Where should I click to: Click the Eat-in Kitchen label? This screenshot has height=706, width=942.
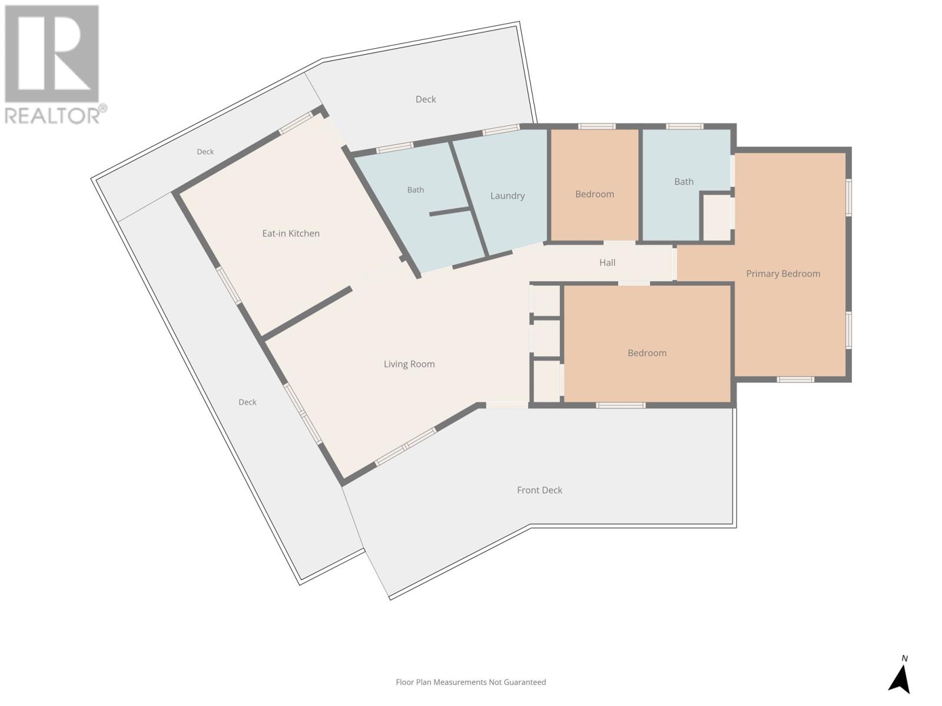click(x=290, y=234)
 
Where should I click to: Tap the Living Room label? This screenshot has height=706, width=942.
click(x=409, y=364)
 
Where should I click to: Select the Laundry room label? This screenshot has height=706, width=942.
click(x=508, y=196)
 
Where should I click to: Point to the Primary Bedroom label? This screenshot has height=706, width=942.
click(x=783, y=274)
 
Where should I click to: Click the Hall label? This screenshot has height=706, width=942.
click(x=607, y=262)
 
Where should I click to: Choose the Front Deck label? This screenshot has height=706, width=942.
click(x=539, y=490)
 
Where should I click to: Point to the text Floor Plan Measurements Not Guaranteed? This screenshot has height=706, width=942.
click(x=471, y=682)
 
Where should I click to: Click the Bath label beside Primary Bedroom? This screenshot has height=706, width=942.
click(x=684, y=182)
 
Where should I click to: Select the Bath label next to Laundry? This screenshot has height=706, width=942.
click(x=416, y=190)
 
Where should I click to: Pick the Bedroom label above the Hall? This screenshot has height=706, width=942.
click(x=595, y=194)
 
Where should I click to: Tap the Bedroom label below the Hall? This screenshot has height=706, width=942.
click(x=646, y=353)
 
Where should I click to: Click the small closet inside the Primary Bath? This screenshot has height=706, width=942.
click(x=717, y=217)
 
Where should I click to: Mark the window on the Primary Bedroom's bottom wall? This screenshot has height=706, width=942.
click(x=795, y=379)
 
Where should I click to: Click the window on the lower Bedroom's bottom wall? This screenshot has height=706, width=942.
click(x=621, y=405)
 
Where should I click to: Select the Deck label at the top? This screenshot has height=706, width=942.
click(x=426, y=99)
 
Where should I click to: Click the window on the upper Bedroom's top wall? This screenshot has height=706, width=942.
click(x=596, y=126)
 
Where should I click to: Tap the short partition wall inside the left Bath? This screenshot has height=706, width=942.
click(x=449, y=211)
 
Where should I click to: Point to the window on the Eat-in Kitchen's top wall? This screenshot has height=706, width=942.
click(x=296, y=124)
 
